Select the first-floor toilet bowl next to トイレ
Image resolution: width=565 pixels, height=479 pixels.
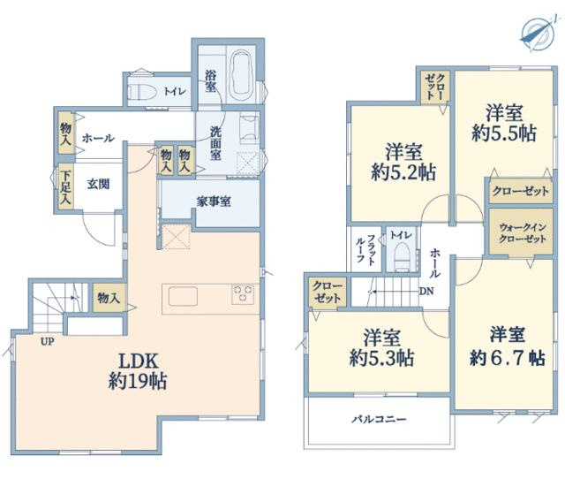[141, 92]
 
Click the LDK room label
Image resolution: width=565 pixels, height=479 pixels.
[139, 361]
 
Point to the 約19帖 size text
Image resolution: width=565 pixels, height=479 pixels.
[138, 381]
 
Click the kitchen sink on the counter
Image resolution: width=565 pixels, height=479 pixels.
[183, 296]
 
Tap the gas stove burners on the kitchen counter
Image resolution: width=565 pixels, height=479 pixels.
[244, 294]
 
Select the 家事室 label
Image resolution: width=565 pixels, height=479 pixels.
[214, 201]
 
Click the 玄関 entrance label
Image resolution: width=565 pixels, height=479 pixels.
[98, 184]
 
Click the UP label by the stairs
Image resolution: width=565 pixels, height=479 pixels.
[47, 341]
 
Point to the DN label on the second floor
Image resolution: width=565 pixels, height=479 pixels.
[426, 291]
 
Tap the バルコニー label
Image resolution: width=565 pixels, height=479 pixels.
[379, 419]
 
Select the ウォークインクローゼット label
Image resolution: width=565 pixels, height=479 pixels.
[523, 233]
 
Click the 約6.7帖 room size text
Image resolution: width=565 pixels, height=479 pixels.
[508, 358]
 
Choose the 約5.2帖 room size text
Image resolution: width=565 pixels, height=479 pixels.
[403, 172]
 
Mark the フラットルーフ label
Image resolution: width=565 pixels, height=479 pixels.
[365, 249]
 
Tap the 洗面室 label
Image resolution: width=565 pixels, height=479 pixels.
[215, 143]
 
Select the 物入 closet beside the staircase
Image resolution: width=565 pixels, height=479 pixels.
[109, 298]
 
